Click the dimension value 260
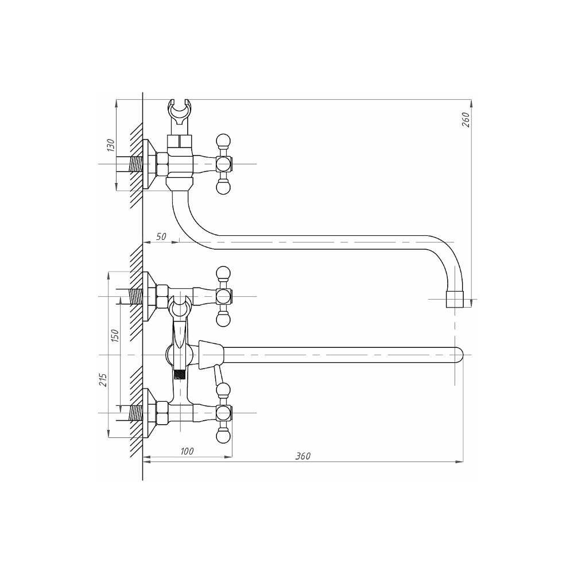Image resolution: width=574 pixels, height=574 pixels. [x=466, y=120]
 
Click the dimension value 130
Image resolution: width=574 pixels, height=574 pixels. [x=111, y=145]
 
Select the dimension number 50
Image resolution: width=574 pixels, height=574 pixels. [x=161, y=236]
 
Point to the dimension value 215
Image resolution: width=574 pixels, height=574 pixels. [x=103, y=381]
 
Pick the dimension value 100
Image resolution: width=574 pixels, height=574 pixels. [x=187, y=451]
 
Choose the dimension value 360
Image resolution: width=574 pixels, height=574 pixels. [x=303, y=456]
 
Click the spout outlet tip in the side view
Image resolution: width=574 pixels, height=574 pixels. [x=454, y=300]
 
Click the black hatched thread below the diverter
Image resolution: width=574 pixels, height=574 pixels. [x=179, y=374]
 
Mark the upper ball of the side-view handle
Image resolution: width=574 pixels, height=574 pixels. [x=224, y=141]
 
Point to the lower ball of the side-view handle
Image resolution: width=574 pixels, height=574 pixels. [x=224, y=188]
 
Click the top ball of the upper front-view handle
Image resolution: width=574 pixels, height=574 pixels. [x=224, y=273]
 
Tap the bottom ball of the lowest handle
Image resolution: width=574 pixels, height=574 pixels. [x=224, y=436]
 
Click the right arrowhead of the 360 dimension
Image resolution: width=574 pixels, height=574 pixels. [x=460, y=461]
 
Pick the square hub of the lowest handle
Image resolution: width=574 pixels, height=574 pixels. [x=224, y=413]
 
